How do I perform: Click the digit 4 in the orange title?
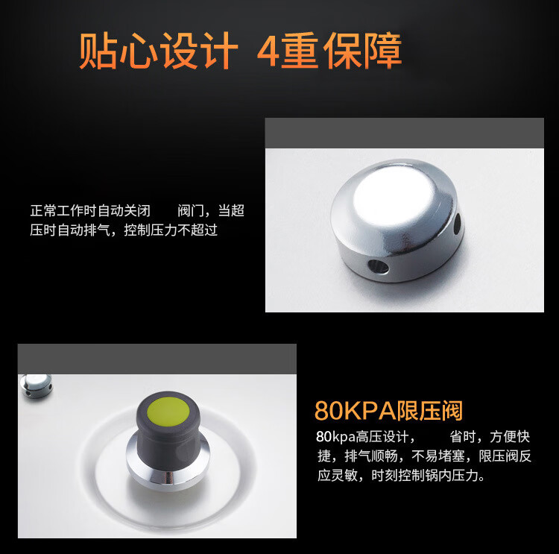pos(269,50)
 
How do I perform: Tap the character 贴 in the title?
pos(97,50)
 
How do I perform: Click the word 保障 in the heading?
pos(363,50)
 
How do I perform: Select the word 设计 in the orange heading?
pos(198,50)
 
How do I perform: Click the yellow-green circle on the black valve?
pos(168,411)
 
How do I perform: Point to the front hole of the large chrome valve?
pos(378,267)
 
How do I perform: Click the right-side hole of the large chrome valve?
pos(457,224)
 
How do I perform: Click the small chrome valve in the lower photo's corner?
pos(36,385)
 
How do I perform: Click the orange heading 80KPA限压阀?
pos(388,411)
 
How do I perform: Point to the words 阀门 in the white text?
pos(191,211)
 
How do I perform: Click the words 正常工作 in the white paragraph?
pos(57,211)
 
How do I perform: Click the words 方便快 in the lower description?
pos(510,437)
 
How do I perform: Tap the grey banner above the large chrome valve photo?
pos(405,133)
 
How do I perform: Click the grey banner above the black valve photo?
pos(157,359)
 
